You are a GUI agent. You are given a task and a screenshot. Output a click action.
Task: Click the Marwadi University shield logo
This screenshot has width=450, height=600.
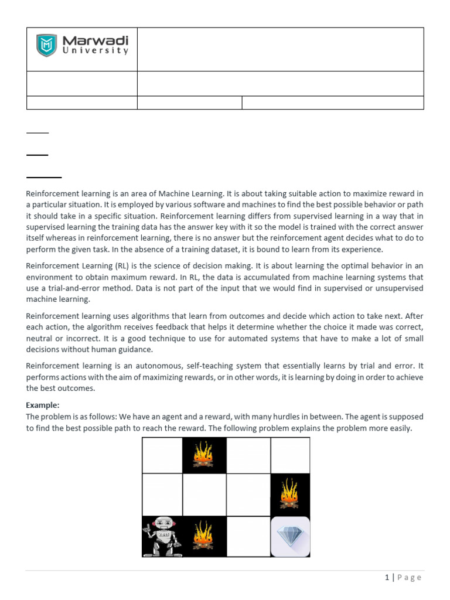[x=47, y=45]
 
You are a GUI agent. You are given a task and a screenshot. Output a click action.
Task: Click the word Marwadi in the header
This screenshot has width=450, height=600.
[x=95, y=40]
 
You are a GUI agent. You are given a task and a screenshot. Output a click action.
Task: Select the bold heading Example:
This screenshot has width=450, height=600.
[x=42, y=405]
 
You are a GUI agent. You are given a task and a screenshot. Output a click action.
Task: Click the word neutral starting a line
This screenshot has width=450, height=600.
[x=40, y=339]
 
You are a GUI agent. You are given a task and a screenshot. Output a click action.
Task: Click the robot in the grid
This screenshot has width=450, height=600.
[x=162, y=536]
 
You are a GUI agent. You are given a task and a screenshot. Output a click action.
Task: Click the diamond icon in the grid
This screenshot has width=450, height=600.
[x=290, y=536]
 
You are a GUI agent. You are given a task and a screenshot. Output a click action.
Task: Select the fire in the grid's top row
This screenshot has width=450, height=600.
[x=204, y=455]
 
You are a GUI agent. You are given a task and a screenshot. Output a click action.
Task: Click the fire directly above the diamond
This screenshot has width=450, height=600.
[x=290, y=494]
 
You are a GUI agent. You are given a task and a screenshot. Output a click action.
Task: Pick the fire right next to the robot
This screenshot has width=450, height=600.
[x=204, y=536]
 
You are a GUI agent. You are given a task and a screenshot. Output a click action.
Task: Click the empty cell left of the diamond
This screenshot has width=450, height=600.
[x=248, y=536]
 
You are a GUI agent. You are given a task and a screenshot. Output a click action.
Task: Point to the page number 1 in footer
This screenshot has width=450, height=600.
[x=387, y=578]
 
